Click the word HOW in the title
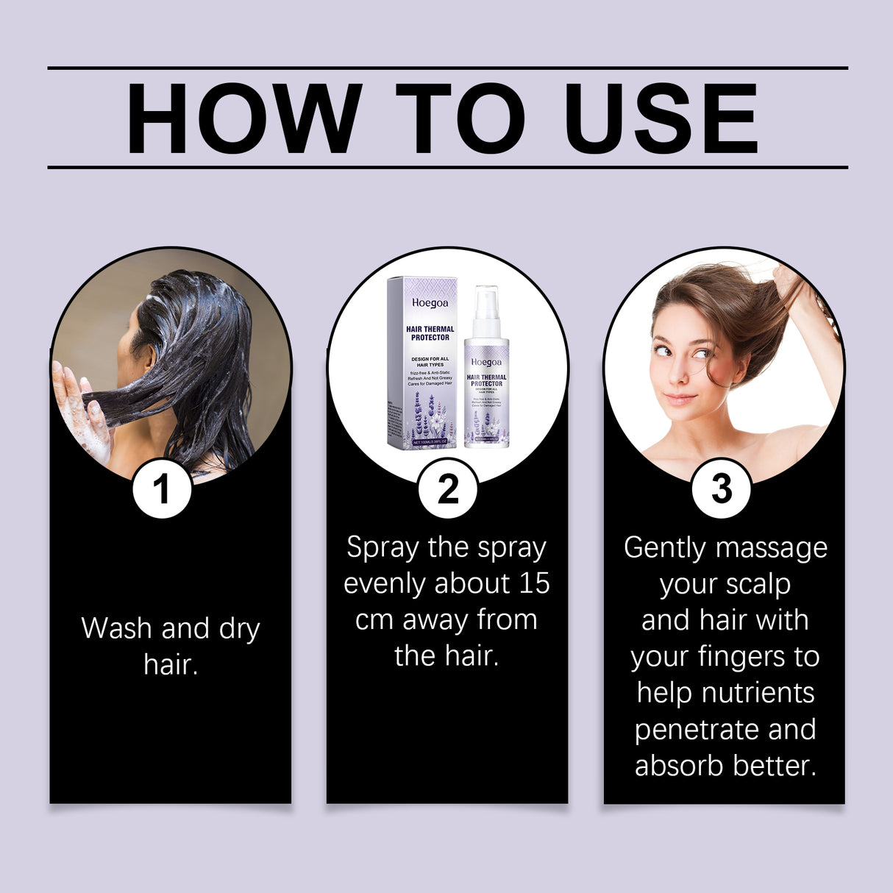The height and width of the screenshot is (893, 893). (243, 119)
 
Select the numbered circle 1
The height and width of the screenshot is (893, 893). (162, 488)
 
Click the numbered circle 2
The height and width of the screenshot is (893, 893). (447, 488)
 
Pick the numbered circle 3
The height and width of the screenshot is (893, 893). (721, 488)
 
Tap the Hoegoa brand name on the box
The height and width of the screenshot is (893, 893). (430, 302)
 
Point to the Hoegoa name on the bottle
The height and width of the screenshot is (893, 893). (486, 362)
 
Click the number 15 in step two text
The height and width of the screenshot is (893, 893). (534, 583)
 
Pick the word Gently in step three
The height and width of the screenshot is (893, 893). (665, 548)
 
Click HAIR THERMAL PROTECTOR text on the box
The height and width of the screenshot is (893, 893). (430, 333)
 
